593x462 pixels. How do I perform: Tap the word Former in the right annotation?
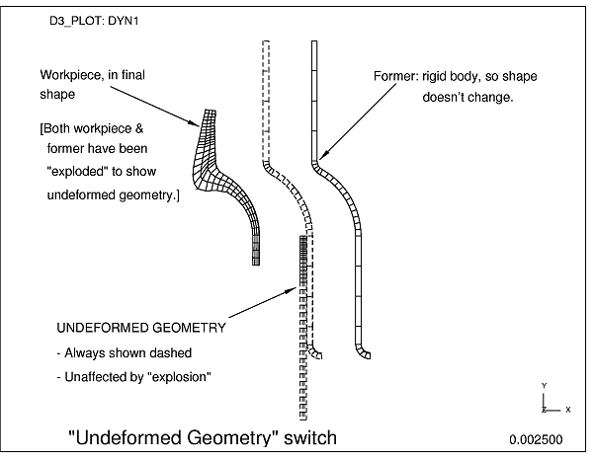(393, 76)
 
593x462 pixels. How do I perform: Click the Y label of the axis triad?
(544, 385)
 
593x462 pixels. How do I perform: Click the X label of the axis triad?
(567, 408)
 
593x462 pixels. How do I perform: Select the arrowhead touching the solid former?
(322, 157)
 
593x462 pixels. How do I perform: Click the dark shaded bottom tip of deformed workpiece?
(256, 256)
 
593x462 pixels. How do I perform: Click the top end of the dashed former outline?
(265, 42)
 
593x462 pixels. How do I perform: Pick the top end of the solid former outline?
(313, 42)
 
